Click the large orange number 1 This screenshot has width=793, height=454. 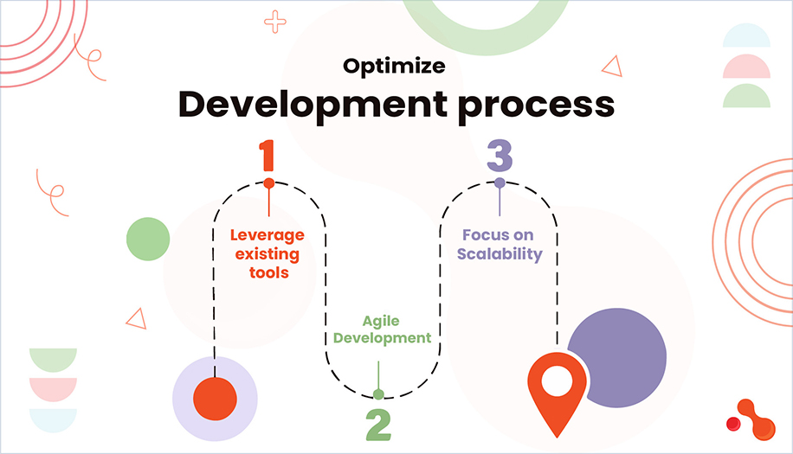268,156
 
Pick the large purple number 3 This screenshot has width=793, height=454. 500,156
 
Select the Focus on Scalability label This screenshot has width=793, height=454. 498,244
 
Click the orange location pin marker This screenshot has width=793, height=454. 557,391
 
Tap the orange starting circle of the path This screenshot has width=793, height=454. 215,398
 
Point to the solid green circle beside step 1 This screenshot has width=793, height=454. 148,239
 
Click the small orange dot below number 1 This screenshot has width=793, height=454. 269,183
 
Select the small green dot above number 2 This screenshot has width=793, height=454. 378,394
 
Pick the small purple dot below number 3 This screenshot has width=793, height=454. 500,182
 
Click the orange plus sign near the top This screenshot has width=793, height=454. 275,22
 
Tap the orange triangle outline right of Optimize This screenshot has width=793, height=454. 612,67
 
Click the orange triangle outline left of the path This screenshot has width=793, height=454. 136,318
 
